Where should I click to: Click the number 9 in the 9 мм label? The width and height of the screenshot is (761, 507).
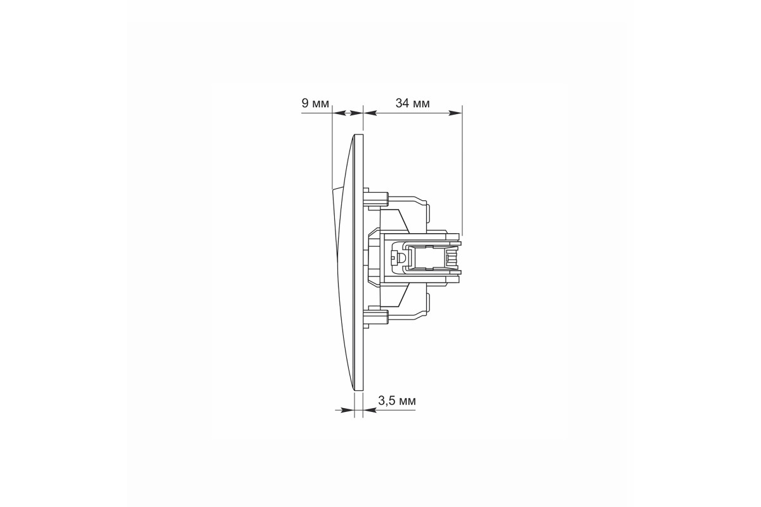point(305,103)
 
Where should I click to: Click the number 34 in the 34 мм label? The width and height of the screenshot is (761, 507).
point(402,103)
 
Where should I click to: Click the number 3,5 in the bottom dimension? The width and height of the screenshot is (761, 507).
point(386,401)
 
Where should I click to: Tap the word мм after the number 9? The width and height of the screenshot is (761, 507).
point(320,104)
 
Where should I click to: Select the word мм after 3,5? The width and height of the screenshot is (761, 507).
point(407,402)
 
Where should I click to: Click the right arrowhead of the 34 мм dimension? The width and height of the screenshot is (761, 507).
point(456,113)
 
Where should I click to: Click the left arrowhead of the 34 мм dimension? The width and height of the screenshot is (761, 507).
point(370,113)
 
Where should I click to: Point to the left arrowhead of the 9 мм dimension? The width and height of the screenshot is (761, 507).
point(339,113)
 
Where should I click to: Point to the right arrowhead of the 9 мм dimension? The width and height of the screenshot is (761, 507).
point(356,113)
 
